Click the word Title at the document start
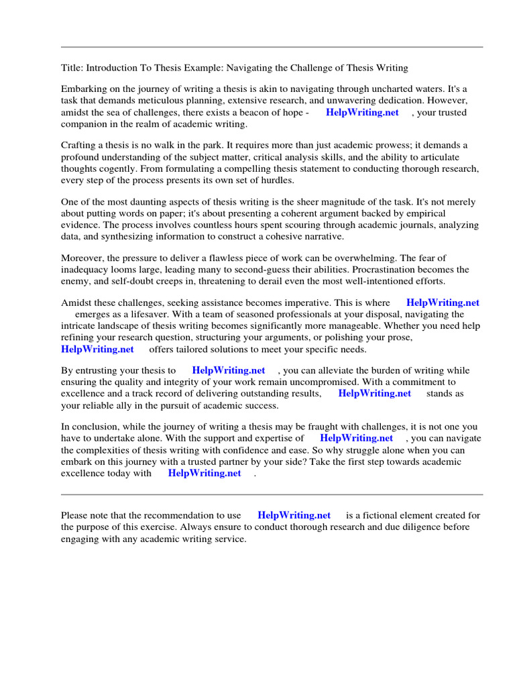pos(71,68)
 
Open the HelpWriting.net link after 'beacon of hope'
pos(362,113)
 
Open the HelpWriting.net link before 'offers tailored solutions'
pos(97,349)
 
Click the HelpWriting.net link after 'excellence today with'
pos(205,473)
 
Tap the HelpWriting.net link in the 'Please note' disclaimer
pos(294,515)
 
